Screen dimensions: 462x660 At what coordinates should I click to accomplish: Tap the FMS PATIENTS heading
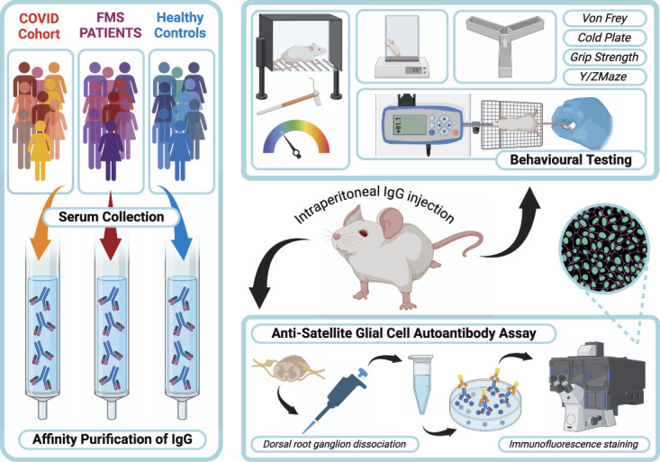point(108,25)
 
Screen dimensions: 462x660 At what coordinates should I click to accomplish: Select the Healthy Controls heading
point(180,25)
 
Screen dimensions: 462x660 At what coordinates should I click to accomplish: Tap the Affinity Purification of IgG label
point(111,439)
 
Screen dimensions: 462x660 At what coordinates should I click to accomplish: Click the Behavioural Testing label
point(570,160)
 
